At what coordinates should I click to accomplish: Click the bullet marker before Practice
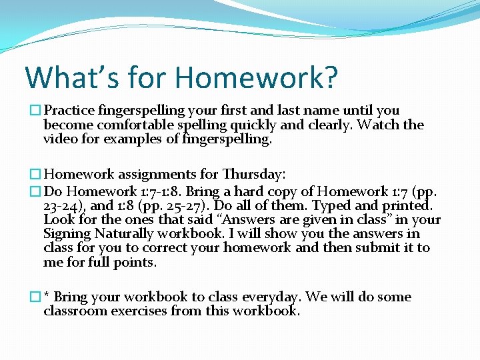click(36, 111)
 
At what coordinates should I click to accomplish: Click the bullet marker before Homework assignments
click(36, 175)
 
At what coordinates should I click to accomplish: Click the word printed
click(409, 205)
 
